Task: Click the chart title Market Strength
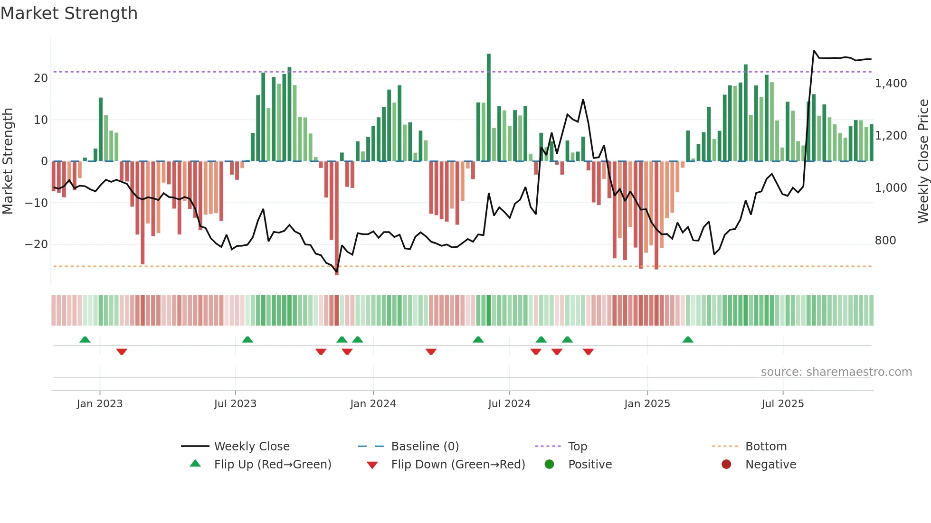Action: point(69,13)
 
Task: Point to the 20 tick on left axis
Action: point(41,78)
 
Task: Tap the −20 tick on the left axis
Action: point(37,244)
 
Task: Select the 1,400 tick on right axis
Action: point(891,84)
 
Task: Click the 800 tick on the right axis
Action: point(885,241)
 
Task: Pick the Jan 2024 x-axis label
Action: point(373,404)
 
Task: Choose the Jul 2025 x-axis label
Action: point(782,404)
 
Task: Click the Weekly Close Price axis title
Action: point(923,161)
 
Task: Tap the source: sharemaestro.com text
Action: point(836,372)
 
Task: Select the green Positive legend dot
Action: point(549,464)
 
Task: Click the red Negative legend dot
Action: point(726,464)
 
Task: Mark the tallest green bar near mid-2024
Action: point(489,107)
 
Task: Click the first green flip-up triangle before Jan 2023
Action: point(85,339)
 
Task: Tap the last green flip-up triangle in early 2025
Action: point(688,339)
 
